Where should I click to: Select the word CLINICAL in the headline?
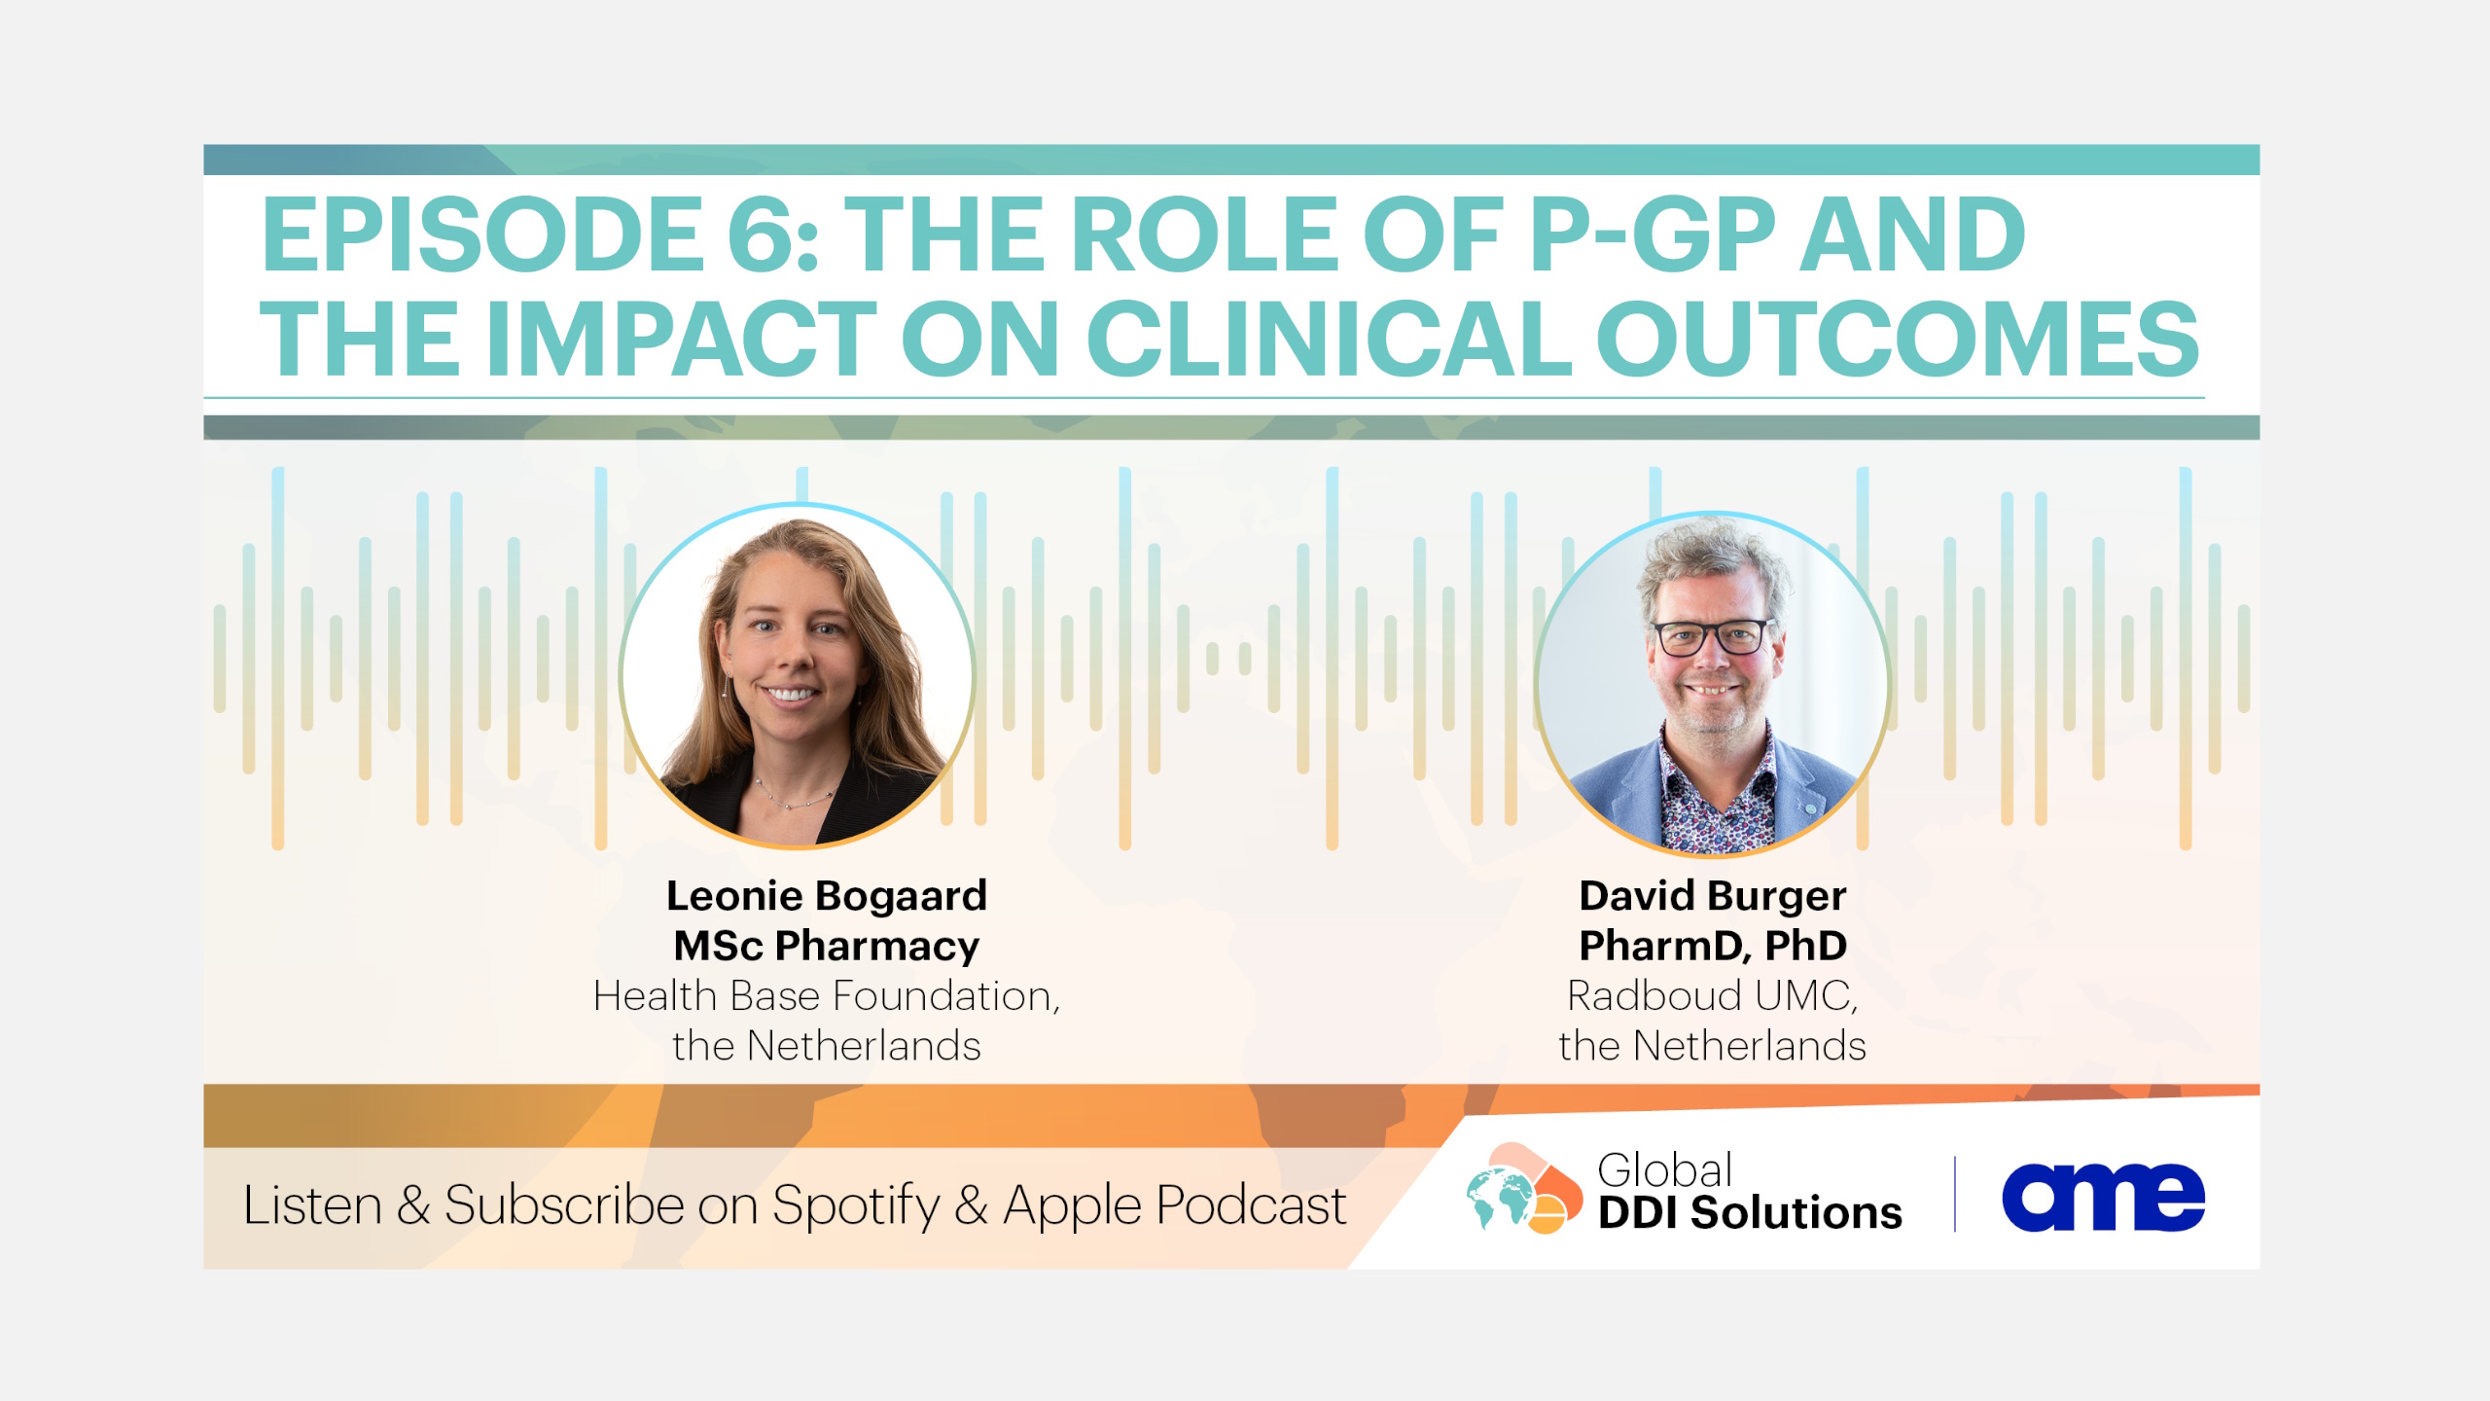[1329, 338]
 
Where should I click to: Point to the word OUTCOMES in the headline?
[1897, 338]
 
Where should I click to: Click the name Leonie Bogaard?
[827, 896]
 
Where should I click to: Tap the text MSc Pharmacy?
[827, 946]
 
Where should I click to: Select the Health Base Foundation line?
[827, 995]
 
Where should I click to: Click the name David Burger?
[1713, 896]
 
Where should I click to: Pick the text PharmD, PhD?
[1713, 946]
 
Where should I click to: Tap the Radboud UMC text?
[1713, 995]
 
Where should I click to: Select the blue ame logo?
[2103, 1197]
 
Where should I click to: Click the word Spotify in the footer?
[856, 1206]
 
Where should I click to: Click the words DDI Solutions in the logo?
[1750, 1213]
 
